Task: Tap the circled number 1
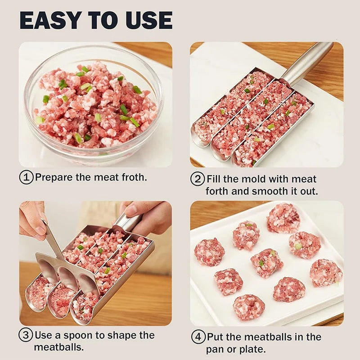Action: coord(26,177)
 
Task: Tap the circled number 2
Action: coord(198,179)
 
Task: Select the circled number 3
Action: coord(26,336)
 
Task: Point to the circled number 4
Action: coord(198,337)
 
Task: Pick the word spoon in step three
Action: coord(86,336)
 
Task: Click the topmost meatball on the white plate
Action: coord(283,218)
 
